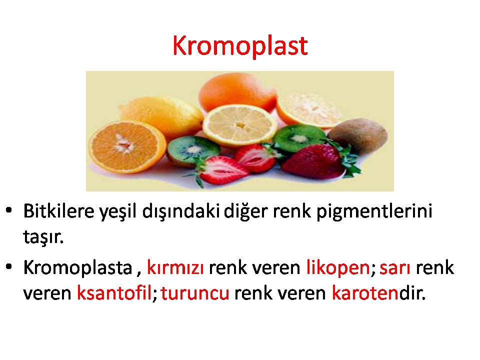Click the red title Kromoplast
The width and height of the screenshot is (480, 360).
coord(240,46)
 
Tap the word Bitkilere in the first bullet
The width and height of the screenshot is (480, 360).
coord(59,211)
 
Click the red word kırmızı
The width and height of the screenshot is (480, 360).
coord(175,267)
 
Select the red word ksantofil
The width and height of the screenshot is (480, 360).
coord(114,293)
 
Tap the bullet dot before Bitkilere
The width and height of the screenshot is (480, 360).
coord(9,210)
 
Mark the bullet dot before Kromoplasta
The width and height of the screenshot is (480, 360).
coord(9,266)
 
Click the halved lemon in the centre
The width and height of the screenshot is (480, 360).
coord(239,125)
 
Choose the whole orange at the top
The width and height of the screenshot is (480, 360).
coord(237,91)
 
